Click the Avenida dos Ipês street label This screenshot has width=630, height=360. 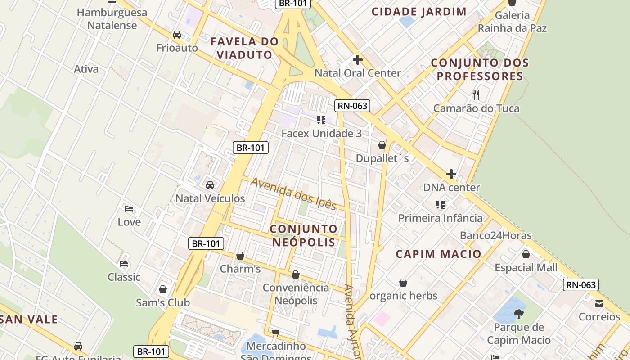tap(294, 194)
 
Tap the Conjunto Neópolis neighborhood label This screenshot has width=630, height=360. tap(304, 235)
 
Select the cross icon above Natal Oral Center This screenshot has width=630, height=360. tap(358, 60)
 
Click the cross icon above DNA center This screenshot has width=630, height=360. tap(451, 174)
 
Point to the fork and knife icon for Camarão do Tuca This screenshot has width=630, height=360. tap(476, 95)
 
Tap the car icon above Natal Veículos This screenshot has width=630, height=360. tap(210, 185)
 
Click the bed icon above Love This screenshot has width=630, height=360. tap(129, 209)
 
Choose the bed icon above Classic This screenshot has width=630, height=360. tap(124, 264)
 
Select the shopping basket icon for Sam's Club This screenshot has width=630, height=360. tap(163, 289)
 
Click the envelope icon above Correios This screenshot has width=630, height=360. tap(599, 303)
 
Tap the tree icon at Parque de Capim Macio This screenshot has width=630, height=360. tap(519, 314)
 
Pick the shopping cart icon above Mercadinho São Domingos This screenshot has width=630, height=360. tap(275, 333)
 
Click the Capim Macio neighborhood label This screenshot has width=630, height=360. tap(439, 254)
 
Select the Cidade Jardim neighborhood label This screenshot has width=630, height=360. tap(419, 12)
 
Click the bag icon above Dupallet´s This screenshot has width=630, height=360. tap(382, 145)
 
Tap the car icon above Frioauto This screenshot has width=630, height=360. tap(177, 35)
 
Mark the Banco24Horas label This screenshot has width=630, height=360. tap(495, 235)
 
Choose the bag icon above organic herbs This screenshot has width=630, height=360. tap(403, 283)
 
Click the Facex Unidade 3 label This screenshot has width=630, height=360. tap(321, 134)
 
